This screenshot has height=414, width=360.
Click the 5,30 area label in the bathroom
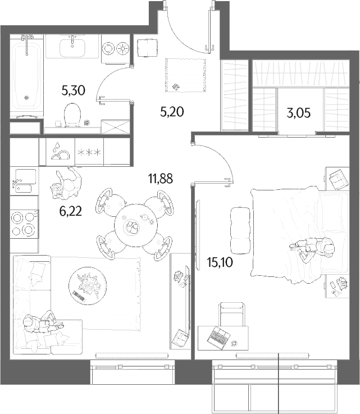point(73,90)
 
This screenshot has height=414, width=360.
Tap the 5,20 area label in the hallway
point(172,112)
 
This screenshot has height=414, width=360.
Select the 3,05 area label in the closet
point(299,113)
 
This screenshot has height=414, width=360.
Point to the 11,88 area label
point(161,179)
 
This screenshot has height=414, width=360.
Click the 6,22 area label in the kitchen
point(70,211)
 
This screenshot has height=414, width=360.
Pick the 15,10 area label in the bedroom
point(220,262)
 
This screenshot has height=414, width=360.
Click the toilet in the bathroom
point(72,115)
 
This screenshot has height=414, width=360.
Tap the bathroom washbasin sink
point(72,47)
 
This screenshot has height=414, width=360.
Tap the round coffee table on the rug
point(88,285)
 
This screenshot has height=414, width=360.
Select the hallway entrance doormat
point(186,75)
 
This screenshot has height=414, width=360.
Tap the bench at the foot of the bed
point(240,230)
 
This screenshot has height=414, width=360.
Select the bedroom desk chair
point(232,314)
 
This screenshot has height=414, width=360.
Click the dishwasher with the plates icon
point(61,152)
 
